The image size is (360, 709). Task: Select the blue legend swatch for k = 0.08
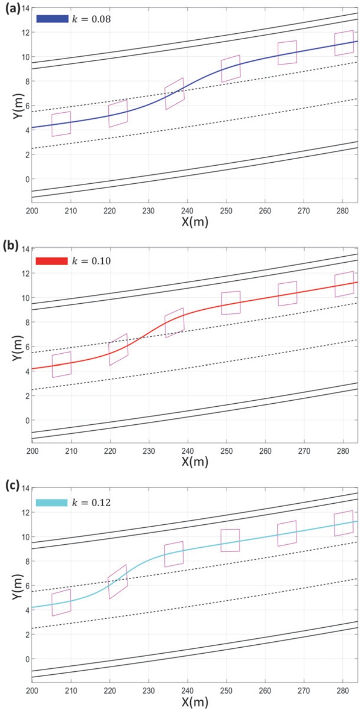52,19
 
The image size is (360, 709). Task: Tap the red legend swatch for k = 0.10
52,261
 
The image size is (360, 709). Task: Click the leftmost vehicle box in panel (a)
61,124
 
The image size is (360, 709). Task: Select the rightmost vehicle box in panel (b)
344,284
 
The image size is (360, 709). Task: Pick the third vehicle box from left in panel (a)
174,94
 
